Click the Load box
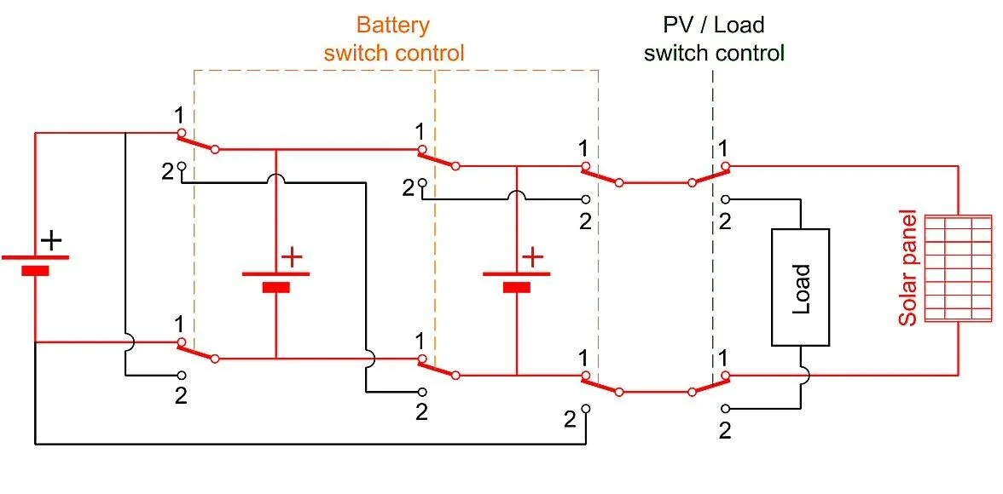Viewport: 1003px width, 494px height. coord(800,287)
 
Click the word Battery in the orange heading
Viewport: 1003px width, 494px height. coord(392,25)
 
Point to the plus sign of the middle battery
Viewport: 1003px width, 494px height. coord(292,256)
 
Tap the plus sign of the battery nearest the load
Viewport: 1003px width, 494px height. coord(532,256)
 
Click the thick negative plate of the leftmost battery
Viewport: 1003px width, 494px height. coord(35,271)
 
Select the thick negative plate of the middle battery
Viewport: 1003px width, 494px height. coord(275,287)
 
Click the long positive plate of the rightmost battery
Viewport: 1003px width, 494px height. coord(516,274)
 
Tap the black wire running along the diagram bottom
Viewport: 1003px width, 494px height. coord(307,444)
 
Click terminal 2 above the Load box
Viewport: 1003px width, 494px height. coord(725,200)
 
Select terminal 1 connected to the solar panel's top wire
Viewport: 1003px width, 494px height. coord(725,166)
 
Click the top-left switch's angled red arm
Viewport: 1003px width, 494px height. coord(197,141)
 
